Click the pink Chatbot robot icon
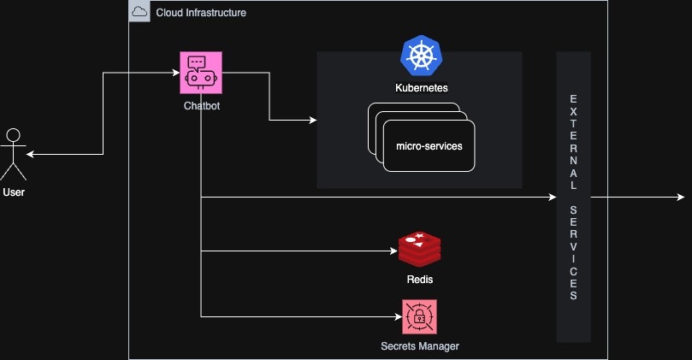201,74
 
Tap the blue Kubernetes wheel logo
421,56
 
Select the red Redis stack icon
420,249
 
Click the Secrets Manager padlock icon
420,316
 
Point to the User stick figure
13,154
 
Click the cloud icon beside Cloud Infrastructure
139,12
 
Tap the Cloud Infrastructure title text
201,12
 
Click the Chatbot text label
201,106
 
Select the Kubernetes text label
421,88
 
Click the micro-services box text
429,146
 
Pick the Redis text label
420,280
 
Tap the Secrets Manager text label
420,346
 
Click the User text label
14,192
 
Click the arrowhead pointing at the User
31,155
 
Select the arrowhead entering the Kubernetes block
312,121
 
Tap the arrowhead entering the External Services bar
552,198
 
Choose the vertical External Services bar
574,197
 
